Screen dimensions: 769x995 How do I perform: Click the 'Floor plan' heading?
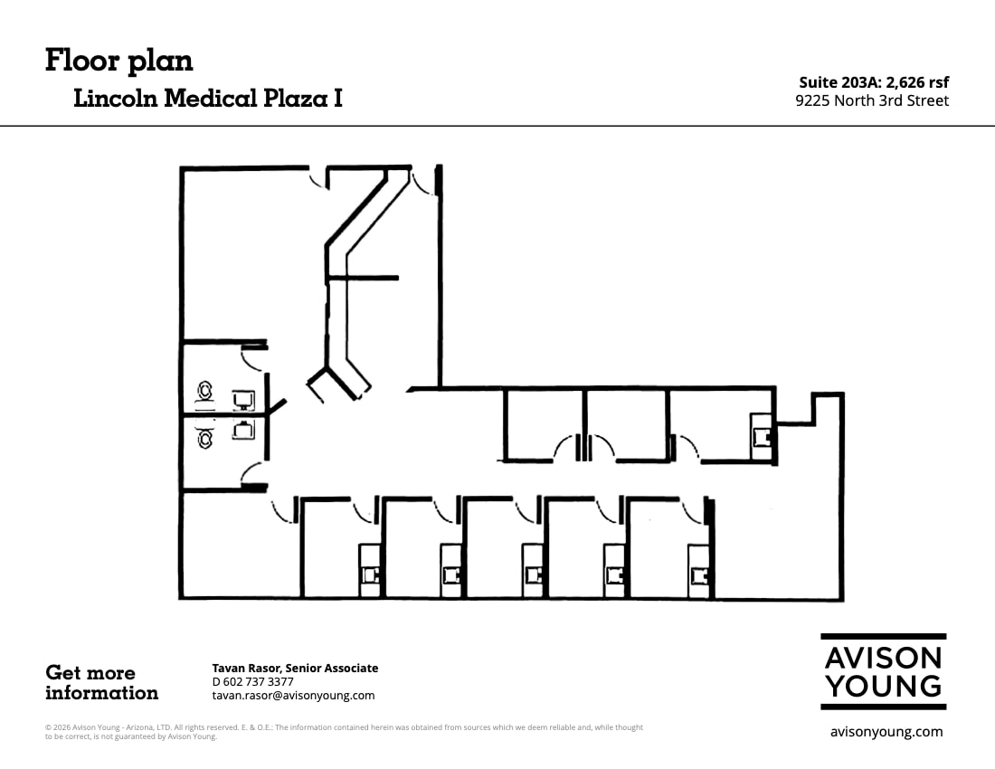point(118,61)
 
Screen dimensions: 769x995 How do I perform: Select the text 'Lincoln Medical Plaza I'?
point(207,99)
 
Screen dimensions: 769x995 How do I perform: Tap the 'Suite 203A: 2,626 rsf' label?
point(874,82)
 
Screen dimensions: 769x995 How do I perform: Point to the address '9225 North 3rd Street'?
point(872,100)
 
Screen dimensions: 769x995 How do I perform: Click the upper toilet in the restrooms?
point(206,392)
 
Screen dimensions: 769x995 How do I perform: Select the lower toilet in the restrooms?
point(206,438)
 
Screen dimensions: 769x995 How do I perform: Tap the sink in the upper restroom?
point(242,400)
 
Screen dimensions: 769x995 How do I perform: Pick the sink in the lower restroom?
point(242,430)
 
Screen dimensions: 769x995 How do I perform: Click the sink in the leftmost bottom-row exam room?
point(370,573)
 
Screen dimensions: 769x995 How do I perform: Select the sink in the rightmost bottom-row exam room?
point(697,573)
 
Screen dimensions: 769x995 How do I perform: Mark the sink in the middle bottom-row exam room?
point(533,573)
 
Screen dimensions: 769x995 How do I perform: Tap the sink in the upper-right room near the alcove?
point(762,437)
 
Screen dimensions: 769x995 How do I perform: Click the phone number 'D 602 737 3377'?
point(252,681)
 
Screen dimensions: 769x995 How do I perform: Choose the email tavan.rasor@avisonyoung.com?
point(293,696)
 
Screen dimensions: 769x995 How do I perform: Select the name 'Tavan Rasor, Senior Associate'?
point(295,668)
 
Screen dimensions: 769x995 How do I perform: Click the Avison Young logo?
point(883,671)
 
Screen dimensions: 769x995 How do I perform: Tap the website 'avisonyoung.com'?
point(886,732)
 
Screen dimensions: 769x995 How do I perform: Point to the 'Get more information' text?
point(101,683)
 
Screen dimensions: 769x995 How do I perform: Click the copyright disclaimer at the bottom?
point(344,731)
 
